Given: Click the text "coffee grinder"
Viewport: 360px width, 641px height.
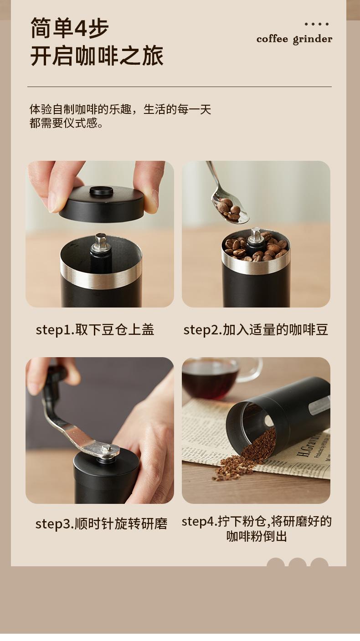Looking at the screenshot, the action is [x=294, y=39].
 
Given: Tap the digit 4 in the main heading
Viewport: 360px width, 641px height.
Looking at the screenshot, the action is [x=80, y=28].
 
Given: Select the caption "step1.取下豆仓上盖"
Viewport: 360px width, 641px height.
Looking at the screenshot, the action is [x=95, y=330].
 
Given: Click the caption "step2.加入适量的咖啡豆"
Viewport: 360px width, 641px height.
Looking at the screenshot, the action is [x=256, y=330].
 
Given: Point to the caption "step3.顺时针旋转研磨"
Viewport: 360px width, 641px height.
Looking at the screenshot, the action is [x=101, y=524].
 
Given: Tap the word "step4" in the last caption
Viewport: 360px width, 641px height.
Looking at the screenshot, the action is [x=198, y=521].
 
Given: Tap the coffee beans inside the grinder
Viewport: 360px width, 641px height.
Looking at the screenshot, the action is [x=256, y=247].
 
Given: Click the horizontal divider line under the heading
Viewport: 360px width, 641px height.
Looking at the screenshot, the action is [x=180, y=87].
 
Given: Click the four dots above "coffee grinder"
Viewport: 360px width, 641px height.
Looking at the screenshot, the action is [x=317, y=24].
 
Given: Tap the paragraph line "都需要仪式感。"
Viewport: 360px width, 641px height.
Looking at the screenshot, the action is [x=66, y=123].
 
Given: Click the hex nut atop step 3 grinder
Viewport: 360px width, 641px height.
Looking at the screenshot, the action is [x=107, y=449].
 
